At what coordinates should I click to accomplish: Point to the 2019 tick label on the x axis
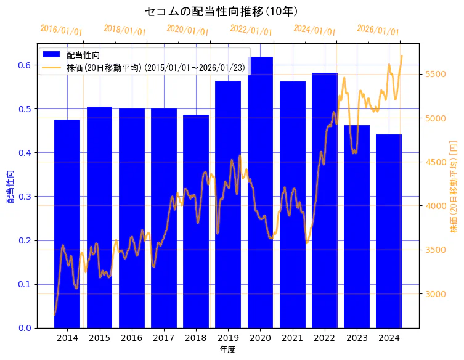228,338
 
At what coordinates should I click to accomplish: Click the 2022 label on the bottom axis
324,338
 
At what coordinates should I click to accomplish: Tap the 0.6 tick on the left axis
25,65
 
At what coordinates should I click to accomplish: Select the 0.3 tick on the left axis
25,197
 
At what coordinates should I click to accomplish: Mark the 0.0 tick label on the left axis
25,328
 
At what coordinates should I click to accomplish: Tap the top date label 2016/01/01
61,30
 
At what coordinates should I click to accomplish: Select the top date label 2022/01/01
251,30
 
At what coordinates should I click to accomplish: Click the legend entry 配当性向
84,55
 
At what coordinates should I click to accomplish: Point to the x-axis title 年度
228,350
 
